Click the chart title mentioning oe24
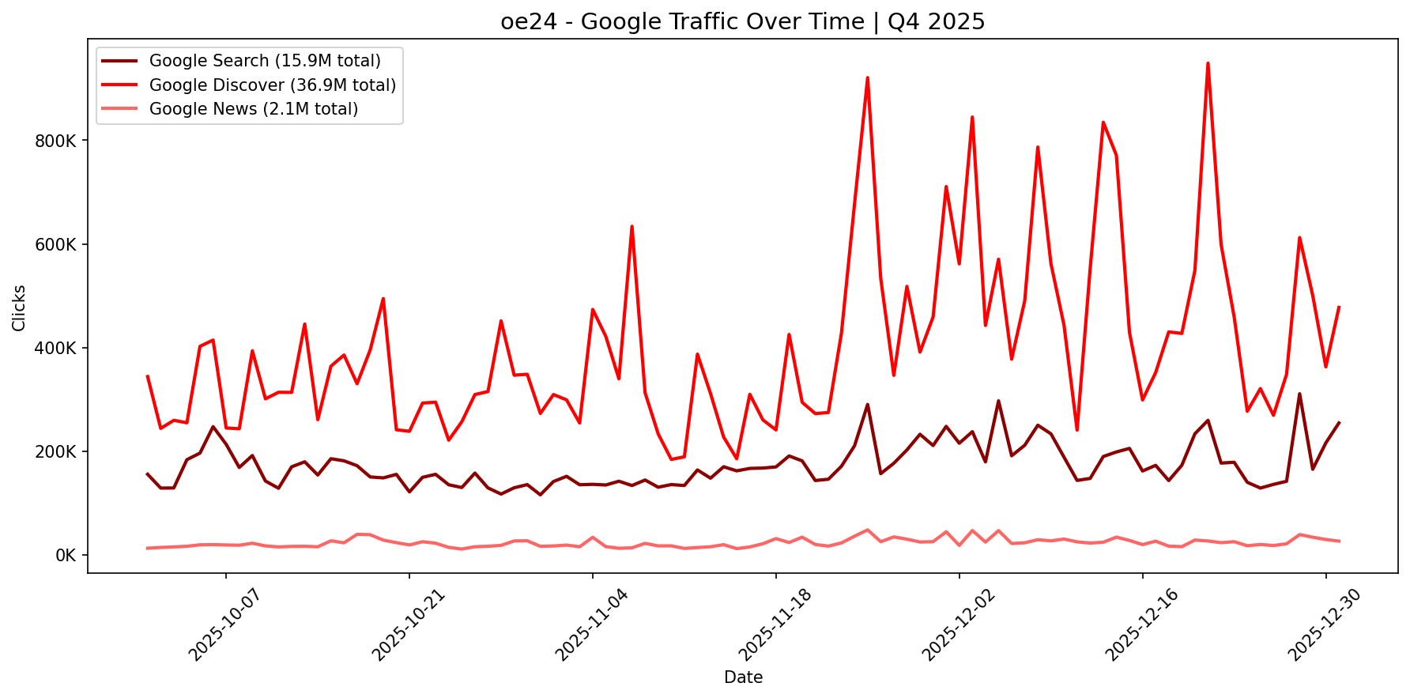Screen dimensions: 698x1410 [x=742, y=22]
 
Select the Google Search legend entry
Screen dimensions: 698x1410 [x=264, y=61]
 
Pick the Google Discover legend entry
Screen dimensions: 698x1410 [x=272, y=85]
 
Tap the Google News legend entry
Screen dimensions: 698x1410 [x=253, y=109]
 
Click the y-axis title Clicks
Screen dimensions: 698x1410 [x=20, y=308]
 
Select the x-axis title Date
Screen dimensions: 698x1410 [x=743, y=677]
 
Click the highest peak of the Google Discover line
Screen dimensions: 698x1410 [x=1208, y=63]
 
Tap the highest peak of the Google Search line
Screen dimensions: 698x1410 [x=1299, y=394]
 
